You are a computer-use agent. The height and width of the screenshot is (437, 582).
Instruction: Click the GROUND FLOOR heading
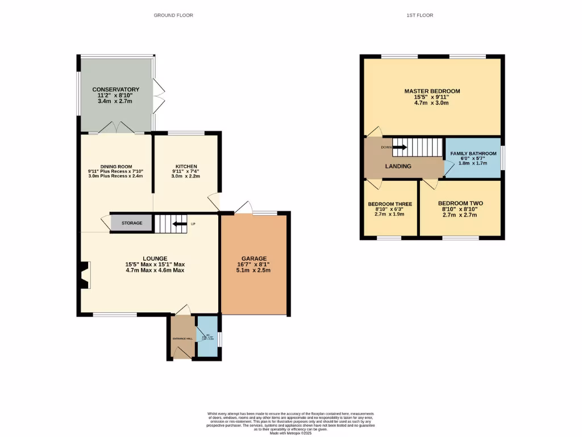point(173,15)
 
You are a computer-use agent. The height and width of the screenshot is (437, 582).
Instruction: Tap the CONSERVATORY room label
point(116,89)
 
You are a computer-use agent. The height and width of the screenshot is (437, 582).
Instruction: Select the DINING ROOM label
point(116,167)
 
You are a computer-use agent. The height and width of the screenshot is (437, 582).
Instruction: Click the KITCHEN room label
point(186,167)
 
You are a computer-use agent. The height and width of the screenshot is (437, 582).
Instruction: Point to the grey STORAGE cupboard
point(131,223)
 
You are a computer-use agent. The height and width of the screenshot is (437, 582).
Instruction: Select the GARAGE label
point(253,258)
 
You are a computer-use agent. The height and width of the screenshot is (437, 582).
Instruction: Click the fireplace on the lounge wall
point(85,275)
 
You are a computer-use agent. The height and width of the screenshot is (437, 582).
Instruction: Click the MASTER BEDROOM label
point(432,91)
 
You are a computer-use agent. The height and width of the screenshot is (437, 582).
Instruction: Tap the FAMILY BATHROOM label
point(473,154)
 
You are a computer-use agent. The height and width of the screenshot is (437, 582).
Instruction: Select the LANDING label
point(398,166)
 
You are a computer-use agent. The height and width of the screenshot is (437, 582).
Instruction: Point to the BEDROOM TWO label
point(460,203)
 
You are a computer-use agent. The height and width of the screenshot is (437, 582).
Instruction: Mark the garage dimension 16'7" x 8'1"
point(253,265)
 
